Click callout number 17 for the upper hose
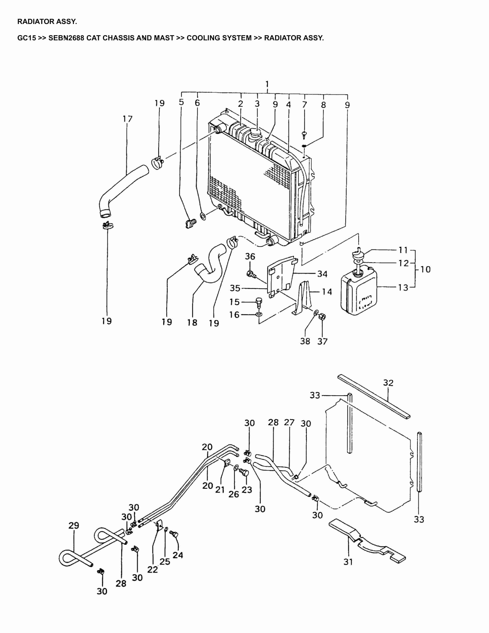[x=127, y=119]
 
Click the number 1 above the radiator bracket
[x=267, y=84]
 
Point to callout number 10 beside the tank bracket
[x=425, y=269]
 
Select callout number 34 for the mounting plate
[x=322, y=274]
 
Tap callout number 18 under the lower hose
[x=192, y=322]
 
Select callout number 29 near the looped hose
[x=74, y=526]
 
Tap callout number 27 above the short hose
[x=289, y=423]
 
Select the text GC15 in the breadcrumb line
[x=26, y=38]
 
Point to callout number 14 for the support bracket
[x=327, y=292]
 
